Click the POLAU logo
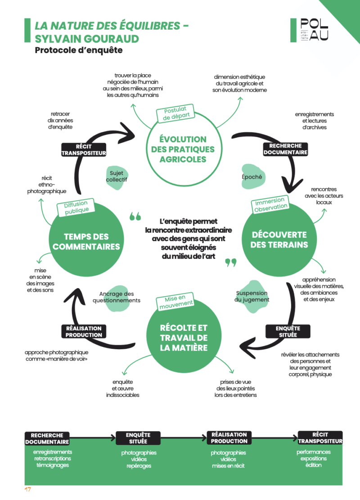309,30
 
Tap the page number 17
28,490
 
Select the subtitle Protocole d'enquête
78,50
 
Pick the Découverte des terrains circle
279,239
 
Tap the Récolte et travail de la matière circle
184,338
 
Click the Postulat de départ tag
175,113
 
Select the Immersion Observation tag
270,204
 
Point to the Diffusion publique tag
76,207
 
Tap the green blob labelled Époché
252,177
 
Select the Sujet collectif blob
117,177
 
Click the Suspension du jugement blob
253,297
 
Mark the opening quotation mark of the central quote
135,216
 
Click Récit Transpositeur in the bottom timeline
320,438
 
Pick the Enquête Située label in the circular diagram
288,331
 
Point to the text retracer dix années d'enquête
60,121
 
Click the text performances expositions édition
314,459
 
